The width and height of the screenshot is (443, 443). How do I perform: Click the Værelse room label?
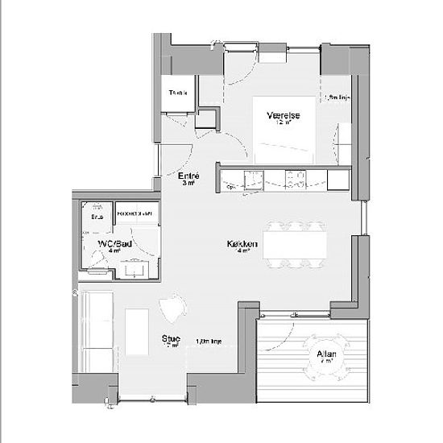point(284,116)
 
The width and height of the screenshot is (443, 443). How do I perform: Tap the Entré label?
point(188,176)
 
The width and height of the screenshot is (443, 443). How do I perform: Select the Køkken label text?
point(242,242)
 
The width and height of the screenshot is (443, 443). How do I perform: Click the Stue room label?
point(170,338)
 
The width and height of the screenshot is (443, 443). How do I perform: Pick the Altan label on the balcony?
point(326,354)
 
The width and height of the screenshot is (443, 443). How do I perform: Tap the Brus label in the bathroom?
point(97,217)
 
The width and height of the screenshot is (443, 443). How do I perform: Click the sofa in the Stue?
point(97,330)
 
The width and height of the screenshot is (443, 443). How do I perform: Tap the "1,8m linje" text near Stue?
point(209,342)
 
